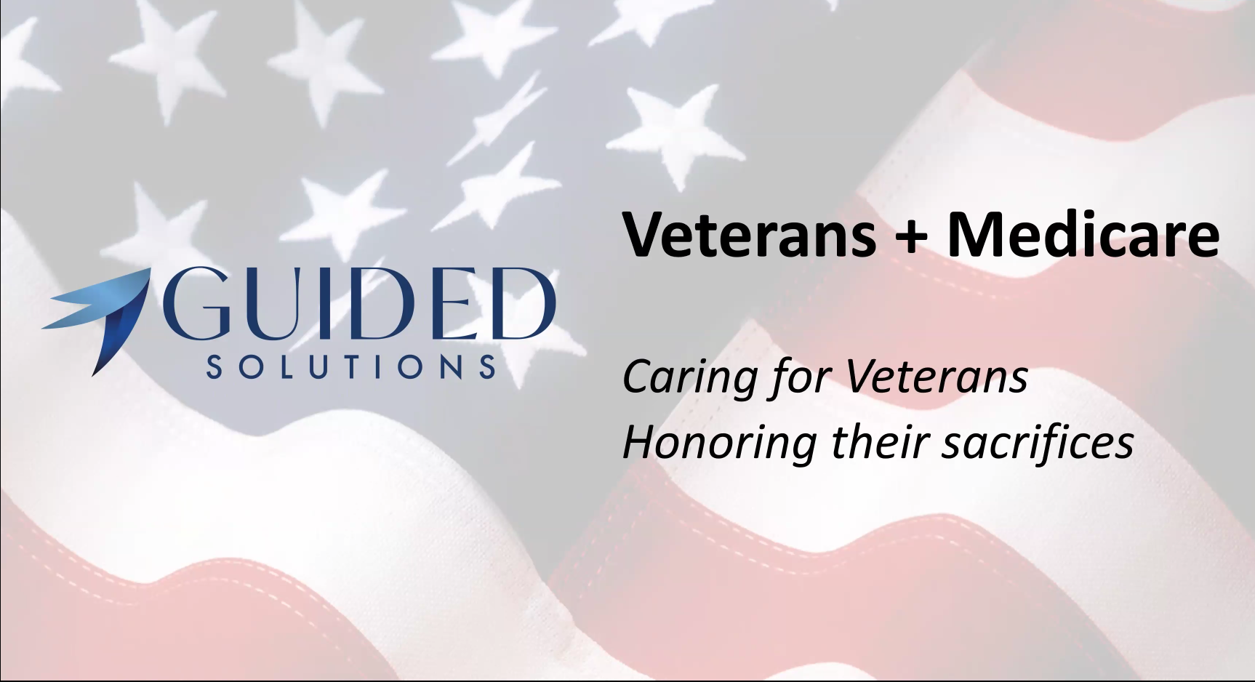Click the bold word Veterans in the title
749,233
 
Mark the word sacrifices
1038,441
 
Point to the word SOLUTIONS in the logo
351,366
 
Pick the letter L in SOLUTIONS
281,366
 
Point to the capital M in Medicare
976,235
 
